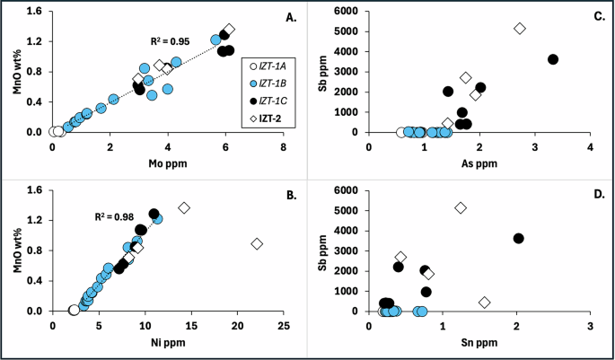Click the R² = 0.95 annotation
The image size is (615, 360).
click(x=171, y=41)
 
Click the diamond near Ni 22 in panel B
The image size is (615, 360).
click(x=257, y=244)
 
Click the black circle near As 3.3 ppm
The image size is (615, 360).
click(x=553, y=59)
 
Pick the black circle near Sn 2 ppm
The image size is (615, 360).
click(x=518, y=238)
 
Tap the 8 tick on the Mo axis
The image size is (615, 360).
click(x=284, y=146)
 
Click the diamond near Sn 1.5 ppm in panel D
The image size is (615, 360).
click(x=485, y=303)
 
